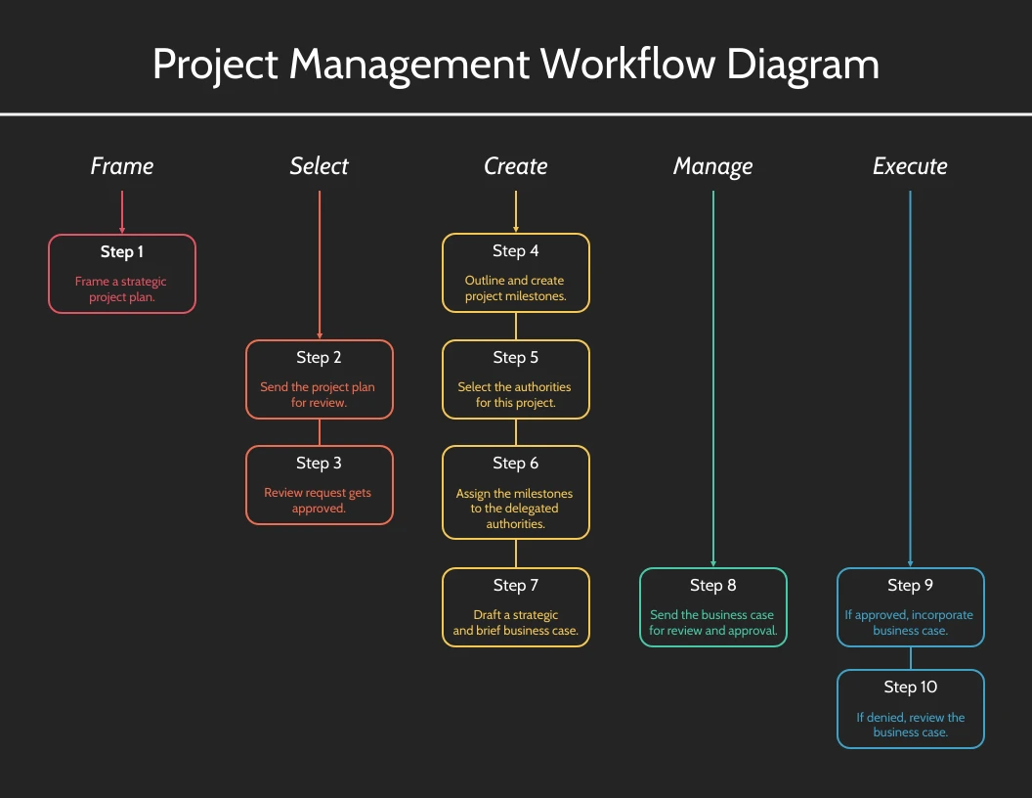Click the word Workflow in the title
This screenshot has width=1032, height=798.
627,64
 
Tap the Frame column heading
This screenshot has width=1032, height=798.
122,166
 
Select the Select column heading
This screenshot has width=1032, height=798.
320,166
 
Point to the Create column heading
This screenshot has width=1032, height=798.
515,166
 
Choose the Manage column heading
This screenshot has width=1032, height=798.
712,167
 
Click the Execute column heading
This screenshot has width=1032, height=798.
910,166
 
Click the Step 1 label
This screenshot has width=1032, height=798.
122,252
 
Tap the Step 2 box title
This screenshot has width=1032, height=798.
319,358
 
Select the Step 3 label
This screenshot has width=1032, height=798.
319,464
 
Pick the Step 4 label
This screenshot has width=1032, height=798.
515,251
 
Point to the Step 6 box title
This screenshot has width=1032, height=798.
515,464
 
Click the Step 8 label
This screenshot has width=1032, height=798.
712,586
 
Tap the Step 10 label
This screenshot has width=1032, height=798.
910,687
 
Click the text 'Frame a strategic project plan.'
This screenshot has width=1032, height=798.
121,289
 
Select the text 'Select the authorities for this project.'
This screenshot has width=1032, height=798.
515,394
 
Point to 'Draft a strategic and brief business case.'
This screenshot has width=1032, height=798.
515,622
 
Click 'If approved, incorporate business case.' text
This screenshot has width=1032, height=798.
910,622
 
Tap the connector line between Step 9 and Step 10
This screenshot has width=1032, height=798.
910,658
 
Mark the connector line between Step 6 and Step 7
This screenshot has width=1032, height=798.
515,554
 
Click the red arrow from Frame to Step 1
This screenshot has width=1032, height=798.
122,212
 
